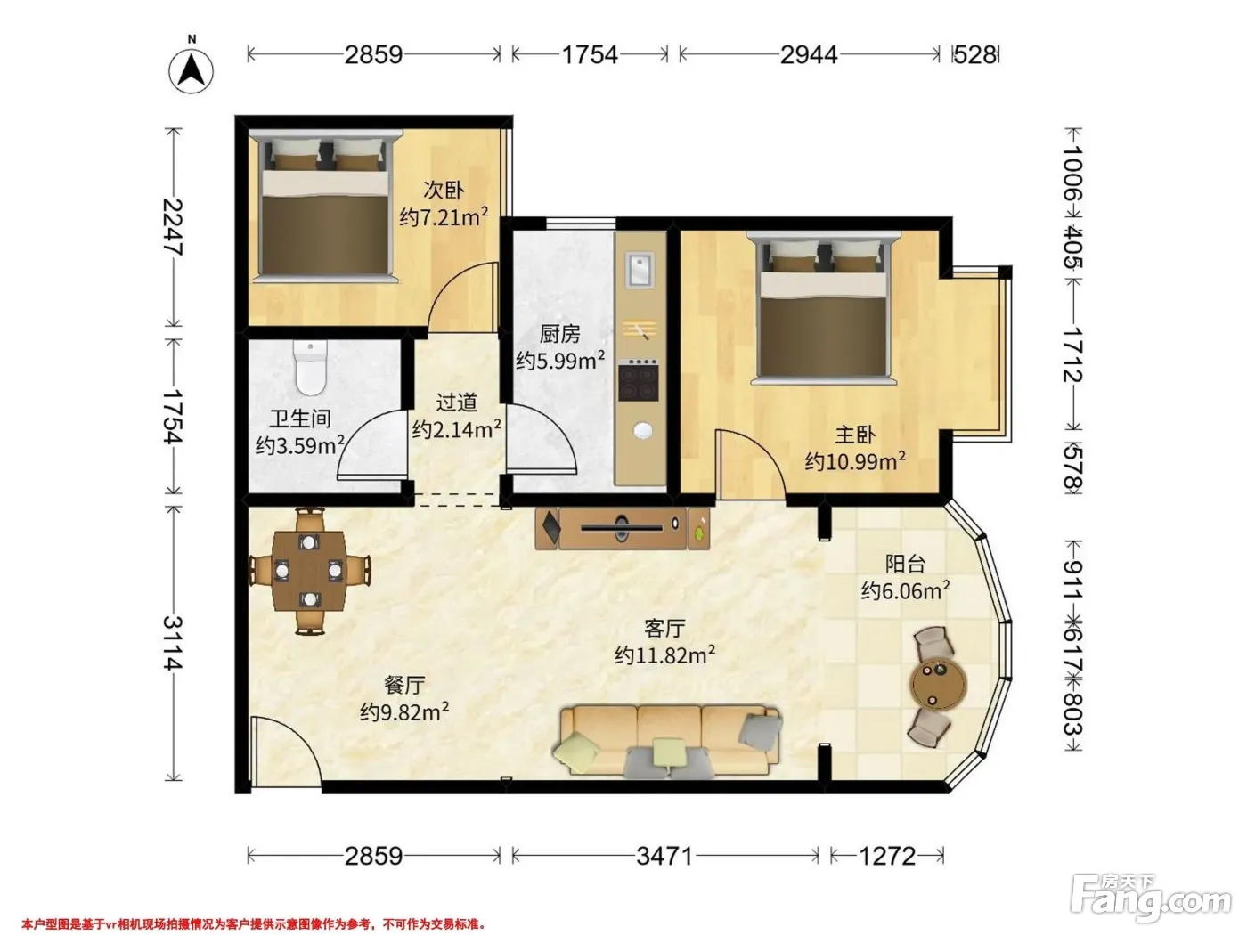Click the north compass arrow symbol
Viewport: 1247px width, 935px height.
pos(192,69)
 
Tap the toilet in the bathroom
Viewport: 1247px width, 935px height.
pos(310,367)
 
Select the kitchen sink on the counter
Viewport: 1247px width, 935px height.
pos(640,270)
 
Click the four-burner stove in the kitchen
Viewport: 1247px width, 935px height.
pos(639,380)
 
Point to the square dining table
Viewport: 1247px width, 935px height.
pos(309,571)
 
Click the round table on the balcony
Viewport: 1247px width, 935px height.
pos(938,685)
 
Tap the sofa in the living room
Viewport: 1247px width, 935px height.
pos(668,741)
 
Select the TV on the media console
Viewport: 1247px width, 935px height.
pos(622,527)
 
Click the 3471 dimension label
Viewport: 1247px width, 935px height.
pos(664,856)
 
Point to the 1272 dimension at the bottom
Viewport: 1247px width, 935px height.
pos(887,856)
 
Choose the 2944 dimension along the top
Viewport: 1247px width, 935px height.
pos(809,54)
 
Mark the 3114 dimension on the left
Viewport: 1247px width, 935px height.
pos(174,643)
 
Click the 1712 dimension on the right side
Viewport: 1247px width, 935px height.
pos(1072,354)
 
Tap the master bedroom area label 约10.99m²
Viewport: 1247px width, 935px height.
pos(855,461)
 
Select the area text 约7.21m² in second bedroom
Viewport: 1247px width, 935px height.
pos(444,216)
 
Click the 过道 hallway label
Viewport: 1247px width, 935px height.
pos(457,402)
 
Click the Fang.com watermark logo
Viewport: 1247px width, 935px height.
pos(1150,897)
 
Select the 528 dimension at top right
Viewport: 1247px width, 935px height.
pos(975,54)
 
